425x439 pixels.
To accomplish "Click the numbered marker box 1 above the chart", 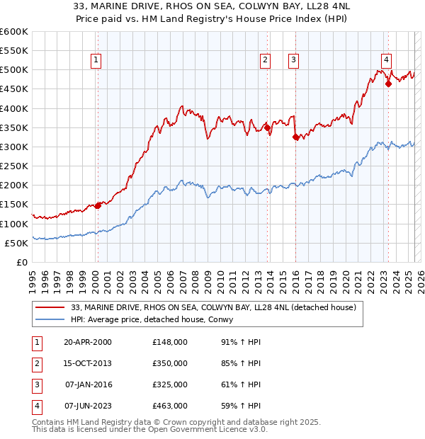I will coord(96,61).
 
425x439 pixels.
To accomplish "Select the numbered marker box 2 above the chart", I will coord(265,61).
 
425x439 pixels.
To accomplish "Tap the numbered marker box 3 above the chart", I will coord(293,61).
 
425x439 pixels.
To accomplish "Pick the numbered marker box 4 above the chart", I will coord(386,61).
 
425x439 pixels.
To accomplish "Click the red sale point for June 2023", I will coord(388,84).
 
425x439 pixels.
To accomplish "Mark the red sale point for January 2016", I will coord(295,137).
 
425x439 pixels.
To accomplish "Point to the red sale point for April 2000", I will coord(98,205).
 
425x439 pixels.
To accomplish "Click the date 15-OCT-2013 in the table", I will coord(87,363).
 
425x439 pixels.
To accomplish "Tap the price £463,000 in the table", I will coord(170,406).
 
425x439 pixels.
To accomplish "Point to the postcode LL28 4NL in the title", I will coord(319,6).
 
